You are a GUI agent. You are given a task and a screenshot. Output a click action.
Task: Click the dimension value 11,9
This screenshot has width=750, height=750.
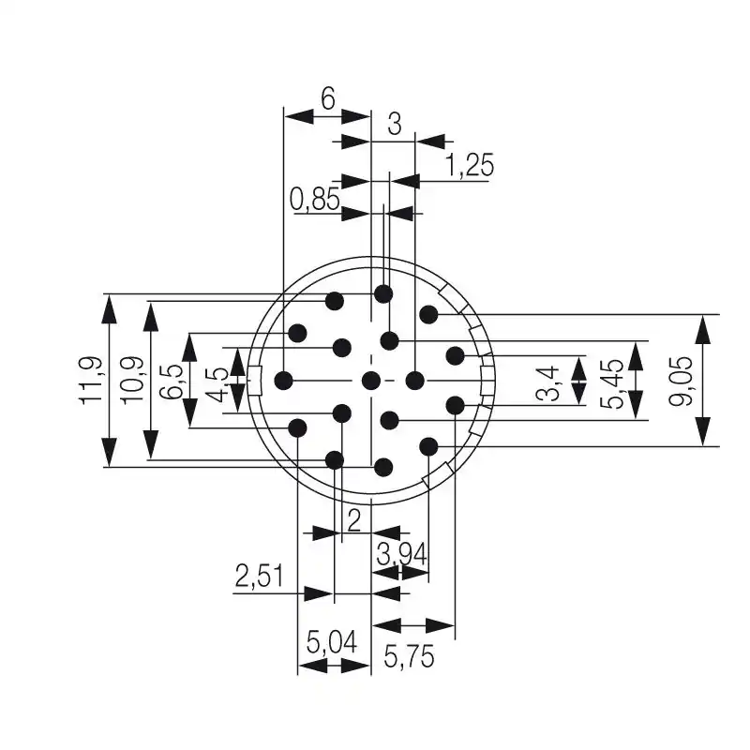coord(90,381)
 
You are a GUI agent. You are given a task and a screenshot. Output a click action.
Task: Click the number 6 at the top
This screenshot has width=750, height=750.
coord(328,98)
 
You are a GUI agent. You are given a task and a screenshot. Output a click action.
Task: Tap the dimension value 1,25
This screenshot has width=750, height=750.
coord(469,166)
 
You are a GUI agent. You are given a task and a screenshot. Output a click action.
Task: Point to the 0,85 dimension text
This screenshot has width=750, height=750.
coord(314,198)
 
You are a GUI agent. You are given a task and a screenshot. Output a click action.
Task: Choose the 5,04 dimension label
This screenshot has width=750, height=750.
coord(332,644)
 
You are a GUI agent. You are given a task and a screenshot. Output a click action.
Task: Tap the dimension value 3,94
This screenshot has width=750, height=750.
coord(401,555)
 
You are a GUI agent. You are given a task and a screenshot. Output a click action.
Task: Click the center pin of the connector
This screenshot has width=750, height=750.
coord(371,380)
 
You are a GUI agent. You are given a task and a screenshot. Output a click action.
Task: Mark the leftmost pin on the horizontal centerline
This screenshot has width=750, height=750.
coord(284,380)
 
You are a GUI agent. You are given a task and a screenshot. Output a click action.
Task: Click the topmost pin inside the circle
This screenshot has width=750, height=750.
coord(382,294)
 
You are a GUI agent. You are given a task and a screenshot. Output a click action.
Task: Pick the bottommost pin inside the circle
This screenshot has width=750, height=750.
coord(382,466)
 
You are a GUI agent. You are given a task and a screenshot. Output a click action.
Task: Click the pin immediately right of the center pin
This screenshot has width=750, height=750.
coord(415,380)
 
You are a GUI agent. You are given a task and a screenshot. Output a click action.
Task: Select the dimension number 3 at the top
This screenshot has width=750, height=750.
coord(395,123)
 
